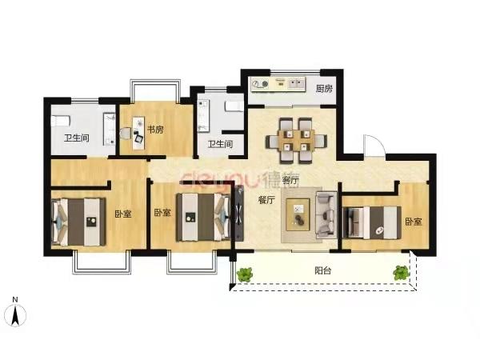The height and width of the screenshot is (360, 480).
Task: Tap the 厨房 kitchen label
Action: coord(324,89)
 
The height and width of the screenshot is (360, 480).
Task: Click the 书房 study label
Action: coord(155,130)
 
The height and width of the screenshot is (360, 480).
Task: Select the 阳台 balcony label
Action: coord(323,270)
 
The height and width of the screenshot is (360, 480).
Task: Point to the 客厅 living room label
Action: coord(290,180)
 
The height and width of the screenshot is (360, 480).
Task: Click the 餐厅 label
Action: coord(266,200)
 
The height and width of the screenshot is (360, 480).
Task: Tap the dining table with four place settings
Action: coord(296,140)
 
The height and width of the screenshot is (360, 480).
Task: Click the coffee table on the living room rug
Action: coord(298,214)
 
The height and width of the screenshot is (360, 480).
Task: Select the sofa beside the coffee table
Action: coord(326,214)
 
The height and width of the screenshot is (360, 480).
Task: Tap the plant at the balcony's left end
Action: coord(245,274)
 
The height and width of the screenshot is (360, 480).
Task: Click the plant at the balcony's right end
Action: coord(402,273)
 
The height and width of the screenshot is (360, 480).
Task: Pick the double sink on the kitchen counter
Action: coord(296,83)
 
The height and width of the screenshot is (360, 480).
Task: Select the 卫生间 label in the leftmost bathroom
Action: coord(77,138)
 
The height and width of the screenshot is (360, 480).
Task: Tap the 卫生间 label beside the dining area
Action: coord(221,144)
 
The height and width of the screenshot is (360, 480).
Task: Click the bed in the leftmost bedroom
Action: coord(78,222)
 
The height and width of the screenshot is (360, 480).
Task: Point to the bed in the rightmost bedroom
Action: coord(372,222)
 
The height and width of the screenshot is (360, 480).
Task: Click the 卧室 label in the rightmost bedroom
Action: coord(414,222)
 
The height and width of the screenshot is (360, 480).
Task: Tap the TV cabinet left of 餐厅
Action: coord(239,213)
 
